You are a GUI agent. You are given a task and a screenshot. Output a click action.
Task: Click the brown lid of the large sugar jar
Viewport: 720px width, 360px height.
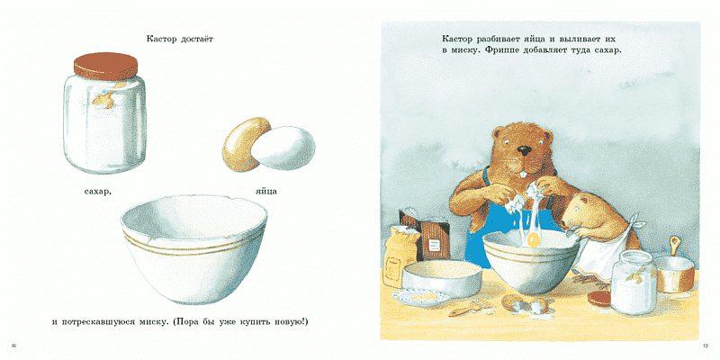coord(105,66)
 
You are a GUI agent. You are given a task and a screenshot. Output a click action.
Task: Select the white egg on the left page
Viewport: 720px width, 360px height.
coord(283,148)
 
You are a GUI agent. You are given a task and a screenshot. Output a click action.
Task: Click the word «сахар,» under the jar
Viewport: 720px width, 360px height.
coord(98,191)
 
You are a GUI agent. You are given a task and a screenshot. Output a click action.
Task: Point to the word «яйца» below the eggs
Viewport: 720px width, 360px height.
coord(265,191)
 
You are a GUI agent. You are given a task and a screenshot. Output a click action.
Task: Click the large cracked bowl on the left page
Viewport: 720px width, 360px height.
coord(193,249)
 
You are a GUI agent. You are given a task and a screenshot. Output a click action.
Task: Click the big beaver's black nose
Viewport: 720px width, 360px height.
coord(525,150)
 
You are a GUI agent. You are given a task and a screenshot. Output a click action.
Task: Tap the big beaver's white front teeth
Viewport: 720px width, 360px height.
coord(525,175)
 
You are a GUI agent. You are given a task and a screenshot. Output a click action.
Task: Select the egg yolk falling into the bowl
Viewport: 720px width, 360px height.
coord(534,239)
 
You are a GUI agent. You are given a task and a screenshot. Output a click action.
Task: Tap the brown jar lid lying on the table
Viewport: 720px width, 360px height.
coord(599,299)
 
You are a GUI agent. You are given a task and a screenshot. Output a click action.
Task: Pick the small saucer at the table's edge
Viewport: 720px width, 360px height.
coord(421,298)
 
